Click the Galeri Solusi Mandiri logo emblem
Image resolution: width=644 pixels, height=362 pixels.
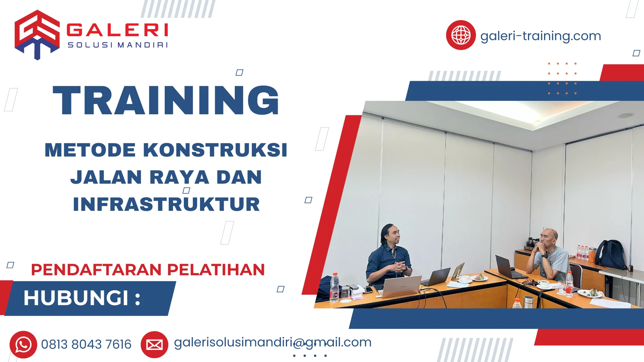pyautogui.click(x=37, y=35)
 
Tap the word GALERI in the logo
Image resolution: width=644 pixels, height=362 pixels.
pyautogui.click(x=117, y=30)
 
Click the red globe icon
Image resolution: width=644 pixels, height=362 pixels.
pyautogui.click(x=461, y=35)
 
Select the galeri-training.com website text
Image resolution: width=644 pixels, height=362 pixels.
pyautogui.click(x=540, y=36)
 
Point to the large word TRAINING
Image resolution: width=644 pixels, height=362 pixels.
pyautogui.click(x=166, y=101)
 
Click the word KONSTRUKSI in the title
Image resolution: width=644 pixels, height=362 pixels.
pyautogui.click(x=215, y=150)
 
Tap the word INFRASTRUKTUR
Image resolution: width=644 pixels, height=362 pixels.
pyautogui.click(x=166, y=204)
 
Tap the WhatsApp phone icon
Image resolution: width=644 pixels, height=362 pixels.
pyautogui.click(x=23, y=345)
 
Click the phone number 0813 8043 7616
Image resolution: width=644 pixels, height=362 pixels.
pyautogui.click(x=86, y=345)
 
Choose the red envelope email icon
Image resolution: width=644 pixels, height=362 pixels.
pyautogui.click(x=154, y=345)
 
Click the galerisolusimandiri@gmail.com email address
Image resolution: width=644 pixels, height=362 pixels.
pyautogui.click(x=272, y=342)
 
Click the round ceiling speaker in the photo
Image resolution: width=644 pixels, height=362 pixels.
pyautogui.click(x=625, y=115)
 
